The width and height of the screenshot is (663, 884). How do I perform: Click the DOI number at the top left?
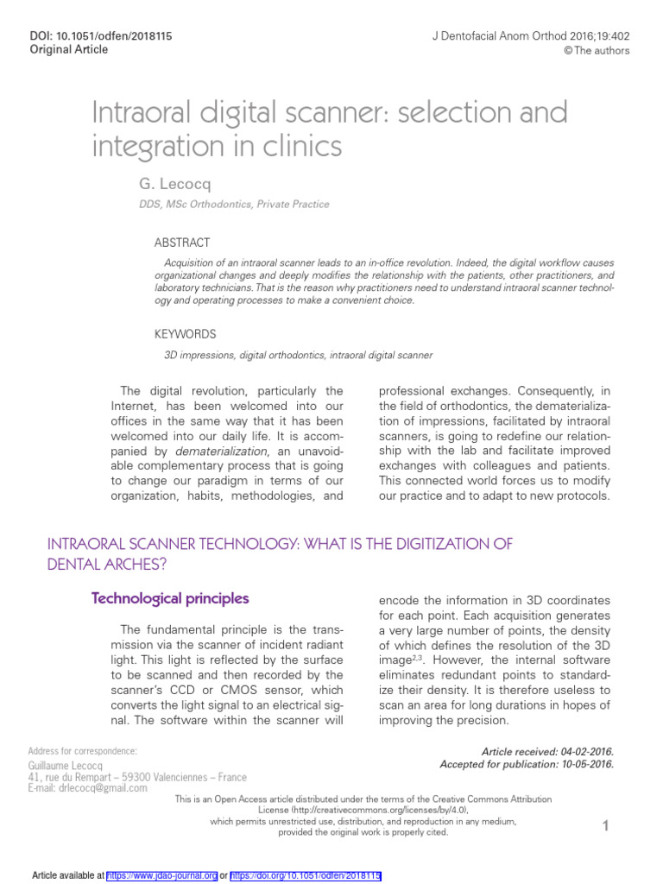click(x=100, y=35)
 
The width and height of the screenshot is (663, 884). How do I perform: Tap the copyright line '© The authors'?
click(x=597, y=50)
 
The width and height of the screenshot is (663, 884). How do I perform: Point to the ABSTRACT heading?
click(x=181, y=243)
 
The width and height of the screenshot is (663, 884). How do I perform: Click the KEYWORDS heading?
click(x=185, y=334)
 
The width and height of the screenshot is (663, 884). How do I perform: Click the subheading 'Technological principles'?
click(x=170, y=598)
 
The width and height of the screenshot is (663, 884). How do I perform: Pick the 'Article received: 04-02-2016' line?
click(x=547, y=752)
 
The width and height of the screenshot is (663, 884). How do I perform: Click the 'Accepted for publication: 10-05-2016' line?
click(x=527, y=764)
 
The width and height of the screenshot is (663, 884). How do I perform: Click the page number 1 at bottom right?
click(x=606, y=827)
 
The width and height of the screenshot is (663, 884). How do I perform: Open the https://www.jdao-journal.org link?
click(x=162, y=875)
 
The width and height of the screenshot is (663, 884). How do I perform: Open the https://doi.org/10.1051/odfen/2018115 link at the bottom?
click(x=306, y=875)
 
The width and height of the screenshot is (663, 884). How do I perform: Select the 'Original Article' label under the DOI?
click(x=69, y=49)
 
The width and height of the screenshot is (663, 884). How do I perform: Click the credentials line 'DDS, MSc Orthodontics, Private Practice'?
click(x=234, y=205)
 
